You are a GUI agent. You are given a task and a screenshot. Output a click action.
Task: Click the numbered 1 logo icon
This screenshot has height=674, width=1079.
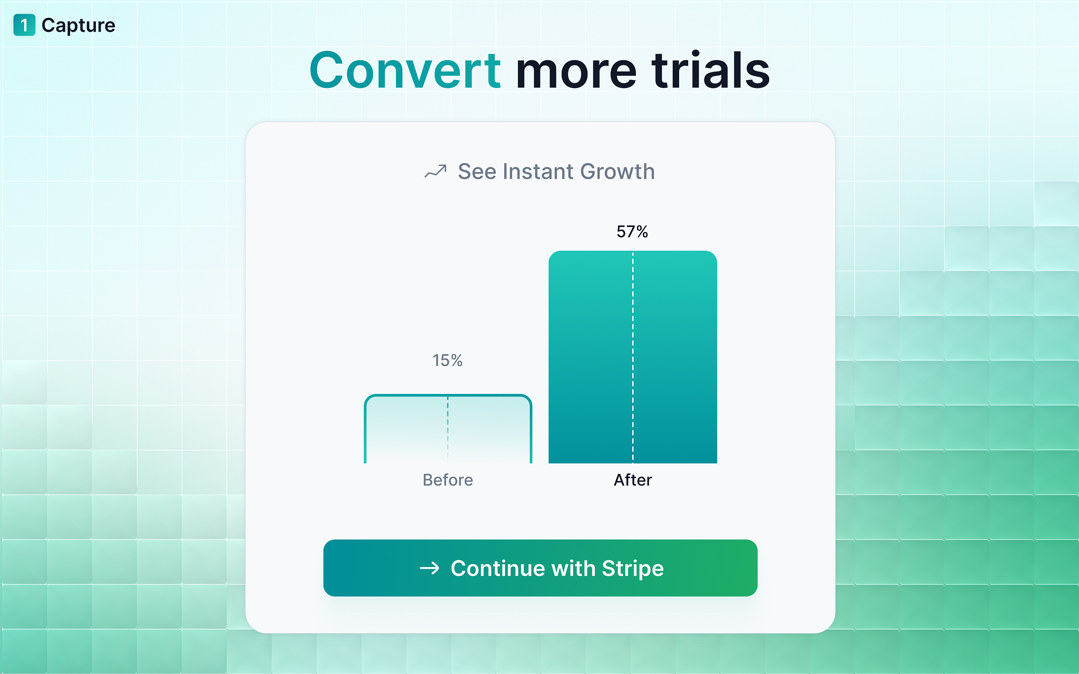click(x=24, y=25)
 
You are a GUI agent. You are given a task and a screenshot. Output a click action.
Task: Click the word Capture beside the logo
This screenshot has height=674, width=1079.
click(x=79, y=25)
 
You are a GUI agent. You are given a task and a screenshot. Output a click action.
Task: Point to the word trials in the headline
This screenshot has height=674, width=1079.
click(x=711, y=70)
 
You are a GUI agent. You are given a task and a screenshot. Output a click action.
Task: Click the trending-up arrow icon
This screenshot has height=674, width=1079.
click(x=436, y=171)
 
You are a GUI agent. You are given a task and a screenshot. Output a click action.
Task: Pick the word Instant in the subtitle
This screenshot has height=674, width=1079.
click(x=538, y=172)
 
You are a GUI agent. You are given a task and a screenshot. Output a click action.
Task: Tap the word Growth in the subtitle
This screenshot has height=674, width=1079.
click(x=617, y=172)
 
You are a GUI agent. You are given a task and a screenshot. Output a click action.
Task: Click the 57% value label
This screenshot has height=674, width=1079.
click(x=632, y=232)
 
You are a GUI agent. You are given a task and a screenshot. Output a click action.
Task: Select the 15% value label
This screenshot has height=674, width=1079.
click(x=448, y=360)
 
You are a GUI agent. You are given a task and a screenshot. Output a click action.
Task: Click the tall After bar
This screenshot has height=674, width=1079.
click(x=633, y=357)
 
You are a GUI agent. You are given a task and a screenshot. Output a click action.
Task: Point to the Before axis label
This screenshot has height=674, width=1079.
click(x=448, y=480)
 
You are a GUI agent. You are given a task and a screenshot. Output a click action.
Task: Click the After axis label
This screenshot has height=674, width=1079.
click(x=633, y=480)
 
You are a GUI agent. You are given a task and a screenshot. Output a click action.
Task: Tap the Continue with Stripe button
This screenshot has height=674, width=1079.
click(x=541, y=568)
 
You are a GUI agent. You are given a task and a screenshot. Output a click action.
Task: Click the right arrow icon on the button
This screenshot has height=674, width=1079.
click(x=429, y=568)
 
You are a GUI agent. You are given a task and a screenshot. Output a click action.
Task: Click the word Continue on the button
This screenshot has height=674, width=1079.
click(x=498, y=569)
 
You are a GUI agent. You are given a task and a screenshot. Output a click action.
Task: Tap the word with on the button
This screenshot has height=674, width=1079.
click(x=573, y=569)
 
